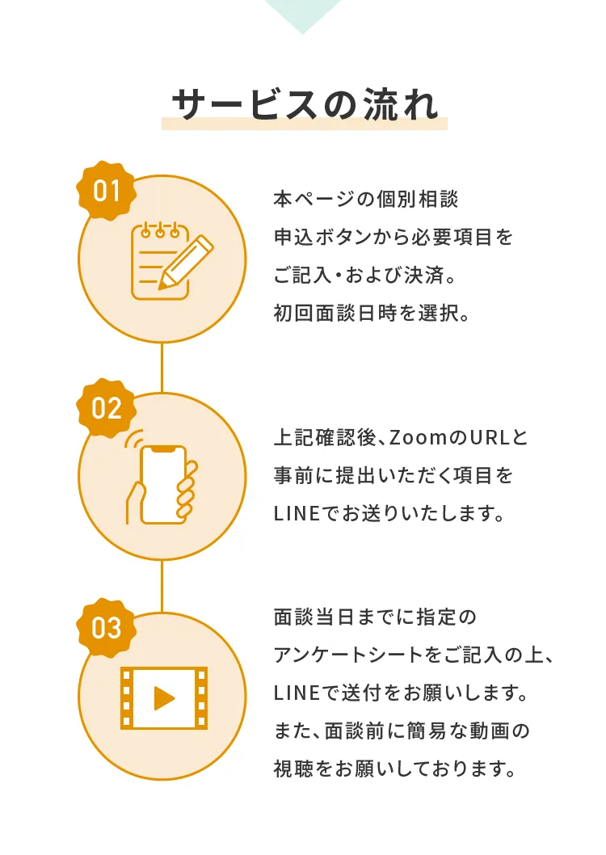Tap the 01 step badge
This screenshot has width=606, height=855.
pyautogui.click(x=107, y=191)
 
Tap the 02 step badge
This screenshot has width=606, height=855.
pyautogui.click(x=107, y=408)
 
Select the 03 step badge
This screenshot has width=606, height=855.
pyautogui.click(x=107, y=628)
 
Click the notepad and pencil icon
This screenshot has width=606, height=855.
pyautogui.click(x=171, y=261)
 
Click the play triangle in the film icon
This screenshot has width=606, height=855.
pyautogui.click(x=164, y=698)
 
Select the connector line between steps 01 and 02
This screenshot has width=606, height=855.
pyautogui.click(x=162, y=368)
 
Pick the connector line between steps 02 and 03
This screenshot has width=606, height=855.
pyautogui.click(x=162, y=586)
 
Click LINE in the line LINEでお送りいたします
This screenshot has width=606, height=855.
pyautogui.click(x=297, y=514)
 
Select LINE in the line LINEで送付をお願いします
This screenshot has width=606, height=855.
pyautogui.click(x=297, y=693)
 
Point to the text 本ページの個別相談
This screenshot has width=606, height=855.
pyautogui.click(x=366, y=199)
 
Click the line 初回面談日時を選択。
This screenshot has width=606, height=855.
pyautogui.click(x=371, y=313)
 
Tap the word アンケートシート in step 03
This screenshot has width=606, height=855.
pyautogui.click(x=349, y=655)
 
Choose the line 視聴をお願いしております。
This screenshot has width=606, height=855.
pyautogui.click(x=394, y=769)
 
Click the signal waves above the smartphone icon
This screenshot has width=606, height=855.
pyautogui.click(x=133, y=438)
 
